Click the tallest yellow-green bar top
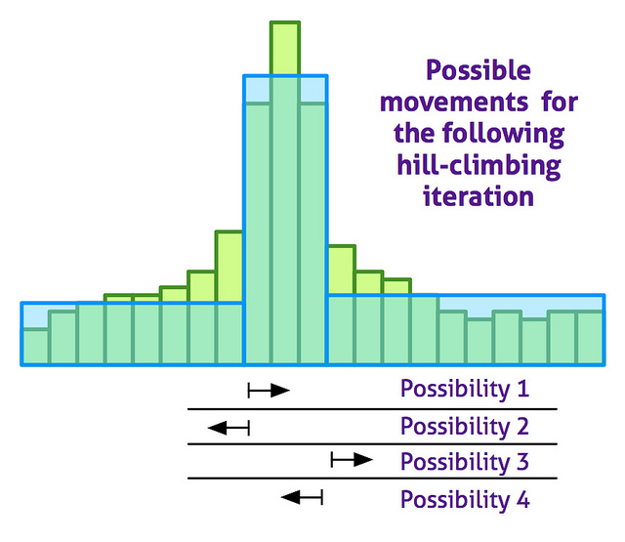click(285, 48)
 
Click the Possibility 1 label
click(465, 389)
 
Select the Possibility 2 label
click(465, 427)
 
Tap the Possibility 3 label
click(465, 462)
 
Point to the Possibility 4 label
click(465, 499)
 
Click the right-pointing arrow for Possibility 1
click(269, 391)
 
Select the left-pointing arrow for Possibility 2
click(229, 429)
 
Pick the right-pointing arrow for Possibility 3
click(352, 460)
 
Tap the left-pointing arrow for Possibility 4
click(302, 497)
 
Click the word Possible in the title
click(479, 71)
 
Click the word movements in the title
click(454, 103)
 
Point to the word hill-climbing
click(479, 166)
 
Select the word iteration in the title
click(479, 197)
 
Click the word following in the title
click(504, 135)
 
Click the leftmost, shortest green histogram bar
click(35, 347)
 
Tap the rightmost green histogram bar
click(590, 338)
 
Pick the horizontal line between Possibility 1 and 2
click(372, 409)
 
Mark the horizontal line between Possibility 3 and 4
click(372, 479)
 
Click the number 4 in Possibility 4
click(523, 499)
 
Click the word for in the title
click(560, 102)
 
